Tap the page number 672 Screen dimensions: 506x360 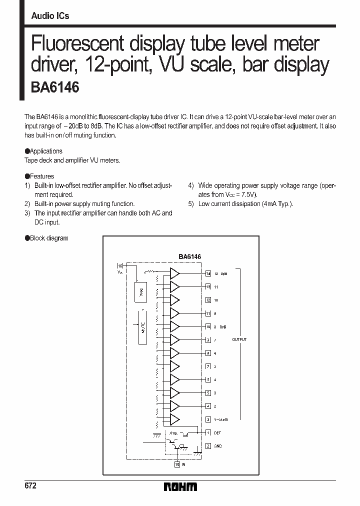pyautogui.click(x=30, y=486)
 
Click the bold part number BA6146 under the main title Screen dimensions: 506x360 pyautogui.click(x=51, y=87)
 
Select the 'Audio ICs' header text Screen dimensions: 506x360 pyautogui.click(x=50, y=16)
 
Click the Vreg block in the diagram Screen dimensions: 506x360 pyautogui.click(x=141, y=292)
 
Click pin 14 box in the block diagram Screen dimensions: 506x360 pyautogui.click(x=208, y=273)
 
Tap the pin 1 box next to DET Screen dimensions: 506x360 pyautogui.click(x=208, y=433)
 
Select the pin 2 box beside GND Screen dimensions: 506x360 pyautogui.click(x=208, y=446)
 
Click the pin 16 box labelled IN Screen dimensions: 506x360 pyautogui.click(x=177, y=464)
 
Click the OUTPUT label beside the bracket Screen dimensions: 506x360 pyautogui.click(x=239, y=340)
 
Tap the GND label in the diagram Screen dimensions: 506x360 pyautogui.click(x=218, y=446)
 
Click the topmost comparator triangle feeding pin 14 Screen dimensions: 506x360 pyautogui.click(x=174, y=273)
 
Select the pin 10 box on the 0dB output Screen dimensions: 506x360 pyautogui.click(x=208, y=326)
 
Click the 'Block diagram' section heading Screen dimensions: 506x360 pyautogui.click(x=49, y=238)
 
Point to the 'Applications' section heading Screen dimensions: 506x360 pyautogui.click(x=46, y=151)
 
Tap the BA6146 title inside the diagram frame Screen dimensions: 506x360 pyautogui.click(x=189, y=257)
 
